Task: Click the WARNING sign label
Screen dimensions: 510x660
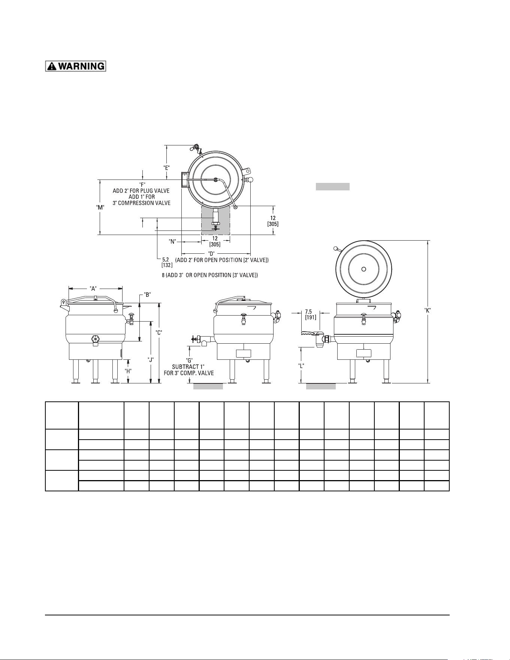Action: point(76,66)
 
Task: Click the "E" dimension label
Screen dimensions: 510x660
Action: point(167,168)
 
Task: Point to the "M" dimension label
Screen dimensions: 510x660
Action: point(100,207)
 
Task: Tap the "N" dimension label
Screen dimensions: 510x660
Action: point(172,242)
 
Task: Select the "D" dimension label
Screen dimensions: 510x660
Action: point(211,253)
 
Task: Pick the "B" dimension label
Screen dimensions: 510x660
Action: point(148,295)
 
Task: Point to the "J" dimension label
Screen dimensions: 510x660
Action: point(151,359)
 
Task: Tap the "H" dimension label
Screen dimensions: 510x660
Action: point(128,371)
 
